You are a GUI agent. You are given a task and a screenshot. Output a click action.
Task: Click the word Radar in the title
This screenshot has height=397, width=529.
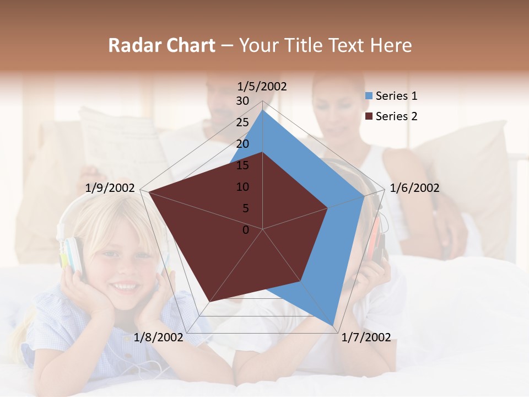(132, 45)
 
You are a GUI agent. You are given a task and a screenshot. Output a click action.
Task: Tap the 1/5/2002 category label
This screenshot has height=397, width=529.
(262, 86)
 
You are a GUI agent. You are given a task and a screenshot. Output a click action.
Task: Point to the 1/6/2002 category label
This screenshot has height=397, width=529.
(414, 188)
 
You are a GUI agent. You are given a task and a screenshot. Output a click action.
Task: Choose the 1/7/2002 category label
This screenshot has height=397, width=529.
(365, 337)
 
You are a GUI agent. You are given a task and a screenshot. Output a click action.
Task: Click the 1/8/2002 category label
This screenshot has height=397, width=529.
(158, 337)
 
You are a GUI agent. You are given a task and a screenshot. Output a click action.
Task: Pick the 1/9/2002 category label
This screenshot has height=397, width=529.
(110, 188)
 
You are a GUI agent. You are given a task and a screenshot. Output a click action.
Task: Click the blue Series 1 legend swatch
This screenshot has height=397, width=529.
(369, 96)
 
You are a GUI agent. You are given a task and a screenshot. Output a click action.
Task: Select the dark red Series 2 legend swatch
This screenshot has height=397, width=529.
(369, 116)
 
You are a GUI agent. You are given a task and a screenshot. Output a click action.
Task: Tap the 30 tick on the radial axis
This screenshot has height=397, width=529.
(242, 101)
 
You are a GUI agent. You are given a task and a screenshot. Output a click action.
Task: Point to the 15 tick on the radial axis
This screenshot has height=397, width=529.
(242, 165)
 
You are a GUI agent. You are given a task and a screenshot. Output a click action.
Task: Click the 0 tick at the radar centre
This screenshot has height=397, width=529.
(246, 230)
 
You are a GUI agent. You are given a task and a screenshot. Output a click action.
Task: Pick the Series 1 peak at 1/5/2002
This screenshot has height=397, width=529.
(263, 110)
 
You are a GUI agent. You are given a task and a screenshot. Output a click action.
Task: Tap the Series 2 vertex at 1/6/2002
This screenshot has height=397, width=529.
(328, 208)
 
